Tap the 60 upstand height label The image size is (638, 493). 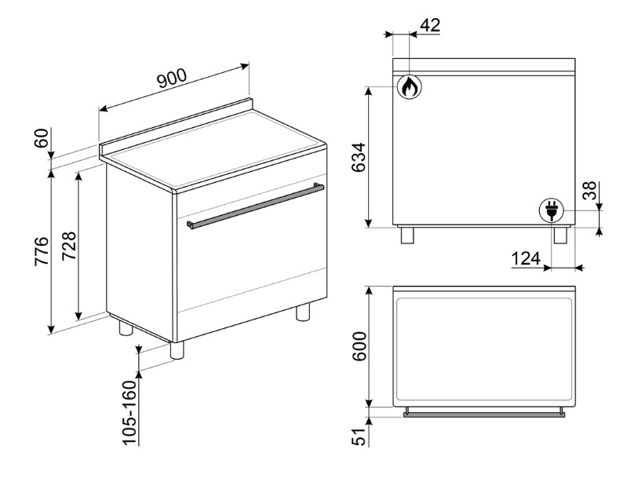coord(42,138)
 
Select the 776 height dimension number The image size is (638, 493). coord(42,250)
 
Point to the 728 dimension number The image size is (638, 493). coord(68,246)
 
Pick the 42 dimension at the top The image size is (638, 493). coord(430,25)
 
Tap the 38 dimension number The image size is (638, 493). coord(589,190)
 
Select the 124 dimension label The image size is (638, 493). coord(526,258)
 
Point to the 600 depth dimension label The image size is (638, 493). coord(359,346)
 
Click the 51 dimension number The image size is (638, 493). coord(359,436)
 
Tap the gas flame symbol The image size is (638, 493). coord(410,86)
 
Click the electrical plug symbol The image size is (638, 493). coord(552,210)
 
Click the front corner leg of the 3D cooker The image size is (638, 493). coord(177,350)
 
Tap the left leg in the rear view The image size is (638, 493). coord(406,235)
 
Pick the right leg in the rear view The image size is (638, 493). coord(560,235)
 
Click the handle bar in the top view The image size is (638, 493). coord(483,414)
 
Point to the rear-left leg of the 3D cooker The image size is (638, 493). coord(126,327)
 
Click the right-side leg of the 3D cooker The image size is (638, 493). coord(303,312)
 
